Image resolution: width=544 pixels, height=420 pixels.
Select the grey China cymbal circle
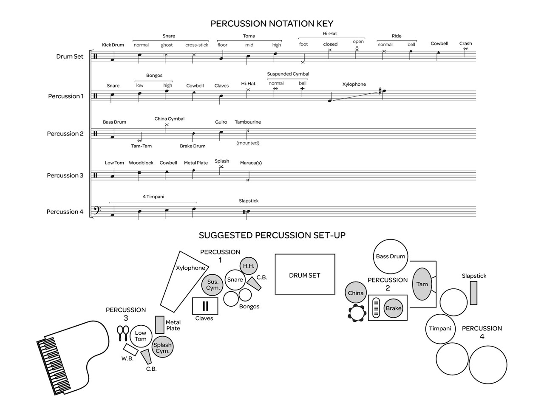(355, 293)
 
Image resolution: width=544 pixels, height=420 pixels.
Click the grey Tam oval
(422, 284)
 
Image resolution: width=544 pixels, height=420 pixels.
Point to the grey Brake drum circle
(393, 308)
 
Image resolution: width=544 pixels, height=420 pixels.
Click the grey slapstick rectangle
(473, 293)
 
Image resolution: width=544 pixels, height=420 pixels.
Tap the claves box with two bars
(205, 306)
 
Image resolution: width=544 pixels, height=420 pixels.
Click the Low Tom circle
(141, 336)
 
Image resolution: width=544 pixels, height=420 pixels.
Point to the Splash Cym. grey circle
(162, 347)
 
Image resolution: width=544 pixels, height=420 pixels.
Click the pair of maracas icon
(123, 333)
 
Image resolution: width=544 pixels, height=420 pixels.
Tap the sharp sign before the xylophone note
(380, 91)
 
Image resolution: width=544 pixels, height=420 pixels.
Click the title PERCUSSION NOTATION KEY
(272, 23)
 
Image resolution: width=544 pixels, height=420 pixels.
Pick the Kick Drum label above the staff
(113, 45)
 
